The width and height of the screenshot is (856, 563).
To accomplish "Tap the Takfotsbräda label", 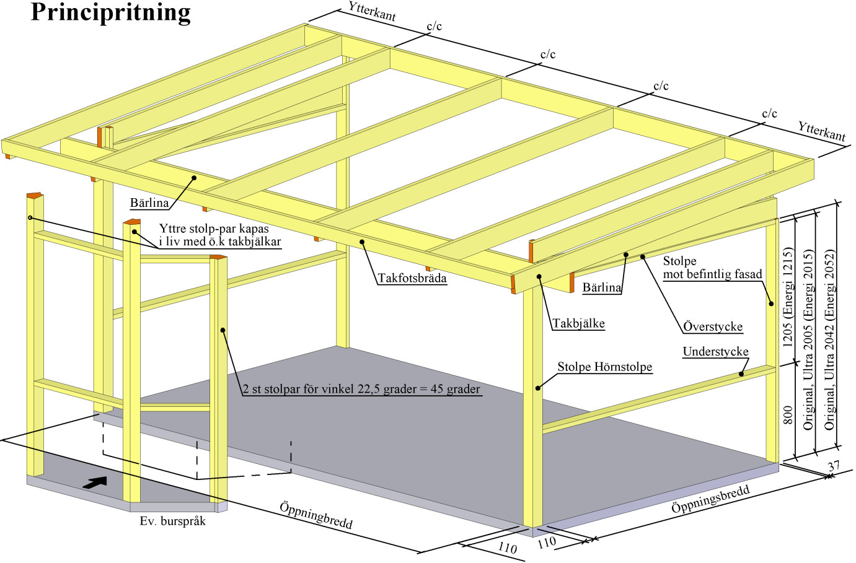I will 412,278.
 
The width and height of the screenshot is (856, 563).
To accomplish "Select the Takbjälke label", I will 578,323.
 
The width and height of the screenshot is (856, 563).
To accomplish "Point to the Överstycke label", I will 713,326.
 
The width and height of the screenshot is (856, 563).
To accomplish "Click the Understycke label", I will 715,352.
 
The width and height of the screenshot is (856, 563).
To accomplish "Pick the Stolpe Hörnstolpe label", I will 604,367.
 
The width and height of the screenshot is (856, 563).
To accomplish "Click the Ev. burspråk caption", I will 172,521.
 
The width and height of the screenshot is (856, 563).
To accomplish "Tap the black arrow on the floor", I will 95,482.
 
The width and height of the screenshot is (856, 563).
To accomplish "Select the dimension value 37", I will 834,466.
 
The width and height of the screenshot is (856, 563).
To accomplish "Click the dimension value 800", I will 788,414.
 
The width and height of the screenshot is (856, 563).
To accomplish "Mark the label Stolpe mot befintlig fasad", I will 712,268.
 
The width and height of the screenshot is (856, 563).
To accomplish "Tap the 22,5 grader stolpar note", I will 361,389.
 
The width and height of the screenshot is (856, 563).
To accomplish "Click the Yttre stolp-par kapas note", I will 219,235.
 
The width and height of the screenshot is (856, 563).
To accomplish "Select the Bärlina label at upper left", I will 149,203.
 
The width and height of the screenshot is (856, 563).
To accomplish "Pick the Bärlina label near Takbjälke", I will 601,287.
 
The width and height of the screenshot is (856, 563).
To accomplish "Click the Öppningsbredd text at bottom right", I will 710,499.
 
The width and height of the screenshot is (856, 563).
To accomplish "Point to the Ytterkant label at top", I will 372,11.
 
